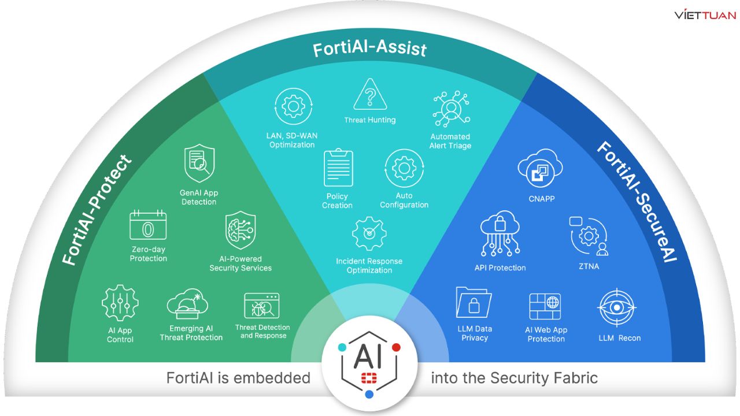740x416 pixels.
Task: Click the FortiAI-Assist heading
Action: tap(369, 49)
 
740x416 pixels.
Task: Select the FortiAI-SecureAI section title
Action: tap(636, 202)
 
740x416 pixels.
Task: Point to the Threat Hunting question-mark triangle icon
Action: tap(370, 95)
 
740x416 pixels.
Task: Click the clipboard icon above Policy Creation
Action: tap(338, 168)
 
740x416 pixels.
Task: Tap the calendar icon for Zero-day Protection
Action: tap(148, 226)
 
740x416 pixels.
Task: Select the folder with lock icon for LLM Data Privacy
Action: tap(474, 304)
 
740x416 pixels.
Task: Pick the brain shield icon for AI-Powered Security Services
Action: tap(240, 231)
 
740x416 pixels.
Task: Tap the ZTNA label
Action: tap(589, 266)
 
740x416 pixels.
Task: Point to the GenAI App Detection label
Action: tap(199, 197)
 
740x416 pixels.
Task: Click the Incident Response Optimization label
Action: tap(369, 266)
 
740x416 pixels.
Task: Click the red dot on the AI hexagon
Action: tap(396, 347)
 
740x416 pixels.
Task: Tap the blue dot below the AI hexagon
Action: tap(369, 394)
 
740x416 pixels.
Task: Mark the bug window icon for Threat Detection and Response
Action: tap(262, 306)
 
